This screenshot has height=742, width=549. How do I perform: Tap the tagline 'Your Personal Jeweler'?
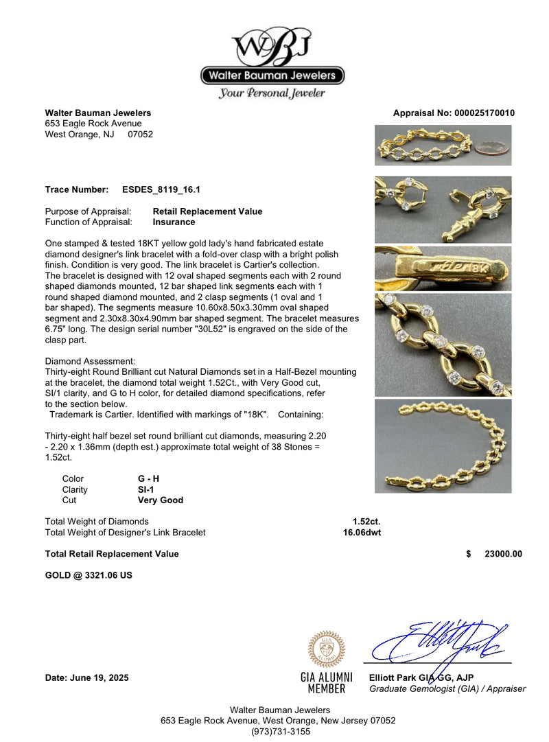(272, 93)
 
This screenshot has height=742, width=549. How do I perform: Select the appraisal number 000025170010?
(484, 113)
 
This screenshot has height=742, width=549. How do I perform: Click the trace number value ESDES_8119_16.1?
(161, 189)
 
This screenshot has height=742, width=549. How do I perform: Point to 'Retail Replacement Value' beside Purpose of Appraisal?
(207, 211)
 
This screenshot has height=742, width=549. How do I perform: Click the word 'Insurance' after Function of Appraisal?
(174, 222)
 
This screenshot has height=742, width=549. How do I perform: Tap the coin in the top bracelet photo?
(493, 148)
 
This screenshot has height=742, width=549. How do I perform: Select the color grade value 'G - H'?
(150, 478)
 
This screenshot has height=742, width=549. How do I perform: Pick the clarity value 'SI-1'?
(145, 489)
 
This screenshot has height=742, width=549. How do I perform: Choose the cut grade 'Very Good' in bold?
(161, 500)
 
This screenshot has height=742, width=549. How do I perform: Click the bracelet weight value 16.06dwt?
(362, 532)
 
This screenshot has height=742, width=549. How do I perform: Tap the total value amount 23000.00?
(503, 554)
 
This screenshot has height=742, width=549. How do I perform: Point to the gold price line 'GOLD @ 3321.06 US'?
(89, 575)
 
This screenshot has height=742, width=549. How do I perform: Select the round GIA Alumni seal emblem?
(327, 649)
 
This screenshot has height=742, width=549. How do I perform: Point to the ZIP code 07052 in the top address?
(141, 135)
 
